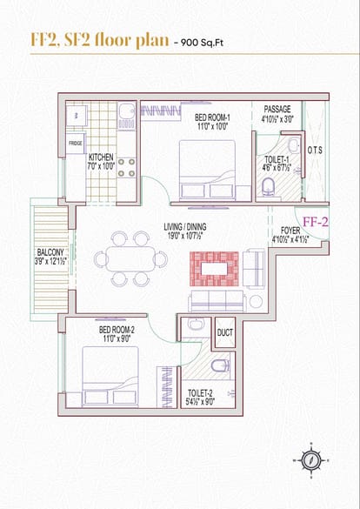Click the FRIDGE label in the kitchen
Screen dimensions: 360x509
tap(76, 144)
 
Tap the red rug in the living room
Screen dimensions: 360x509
tap(214, 269)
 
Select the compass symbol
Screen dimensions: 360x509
tap(311, 460)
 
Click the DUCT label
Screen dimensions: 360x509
tap(224, 332)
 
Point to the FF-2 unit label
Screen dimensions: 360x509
tap(316, 222)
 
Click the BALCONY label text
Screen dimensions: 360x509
tap(50, 252)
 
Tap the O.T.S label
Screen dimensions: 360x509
tap(315, 151)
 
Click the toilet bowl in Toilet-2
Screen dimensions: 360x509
tap(221, 365)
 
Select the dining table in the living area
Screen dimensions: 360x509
tap(131, 258)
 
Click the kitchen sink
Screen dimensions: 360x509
tap(126, 111)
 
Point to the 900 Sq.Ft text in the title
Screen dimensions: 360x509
tap(203, 43)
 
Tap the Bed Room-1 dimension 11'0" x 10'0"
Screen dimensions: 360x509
tap(212, 126)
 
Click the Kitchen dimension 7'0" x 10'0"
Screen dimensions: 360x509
tap(101, 166)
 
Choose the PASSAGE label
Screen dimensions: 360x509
tap(277, 109)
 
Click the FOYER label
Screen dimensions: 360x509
tap(290, 231)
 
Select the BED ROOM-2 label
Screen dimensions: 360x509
tap(117, 330)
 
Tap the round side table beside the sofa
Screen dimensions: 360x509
tap(256, 302)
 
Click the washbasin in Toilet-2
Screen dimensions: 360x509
tap(196, 324)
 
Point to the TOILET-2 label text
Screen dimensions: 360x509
tap(200, 393)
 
